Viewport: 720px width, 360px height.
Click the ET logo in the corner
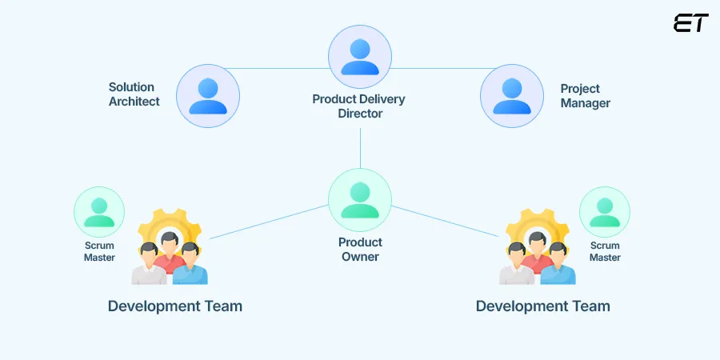[x=690, y=23]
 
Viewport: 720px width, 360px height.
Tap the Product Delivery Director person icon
[x=360, y=57]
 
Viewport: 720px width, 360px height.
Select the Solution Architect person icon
[x=208, y=96]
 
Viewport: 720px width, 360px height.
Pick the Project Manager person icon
[x=512, y=96]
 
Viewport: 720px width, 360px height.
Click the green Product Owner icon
[x=360, y=200]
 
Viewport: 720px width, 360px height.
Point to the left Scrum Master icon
[x=99, y=212]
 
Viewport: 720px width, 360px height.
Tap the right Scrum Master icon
[x=605, y=212]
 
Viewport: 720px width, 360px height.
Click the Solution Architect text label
[x=134, y=94]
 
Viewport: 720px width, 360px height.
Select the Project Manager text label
[x=585, y=96]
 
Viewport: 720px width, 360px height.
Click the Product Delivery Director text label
[x=359, y=106]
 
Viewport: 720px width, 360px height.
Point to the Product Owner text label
[x=360, y=249]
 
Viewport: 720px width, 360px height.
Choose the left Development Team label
[x=175, y=306]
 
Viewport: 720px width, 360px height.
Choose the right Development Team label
[x=543, y=306]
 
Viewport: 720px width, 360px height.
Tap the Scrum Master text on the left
[x=99, y=251]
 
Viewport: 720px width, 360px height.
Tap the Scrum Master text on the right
[x=605, y=251]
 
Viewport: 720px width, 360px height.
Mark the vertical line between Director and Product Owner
[x=360, y=148]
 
